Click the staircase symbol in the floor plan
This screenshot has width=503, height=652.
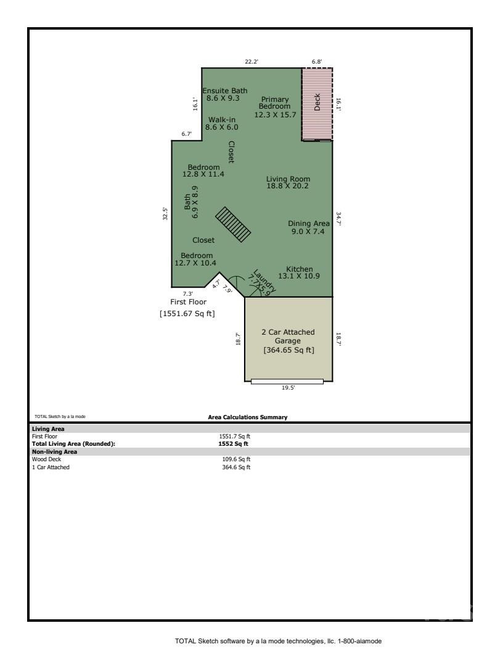coord(233,224)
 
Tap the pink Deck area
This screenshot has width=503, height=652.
coord(317,104)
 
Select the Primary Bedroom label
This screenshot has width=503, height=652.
coord(275,107)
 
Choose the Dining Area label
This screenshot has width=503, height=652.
coord(308,227)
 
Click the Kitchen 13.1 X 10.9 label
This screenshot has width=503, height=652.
coord(299,273)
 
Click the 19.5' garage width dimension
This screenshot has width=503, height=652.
coord(287,388)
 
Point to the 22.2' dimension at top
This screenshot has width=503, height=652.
coord(251,62)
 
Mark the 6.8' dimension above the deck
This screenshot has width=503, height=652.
coord(317,62)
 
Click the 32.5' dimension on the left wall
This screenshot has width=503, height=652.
coord(165,213)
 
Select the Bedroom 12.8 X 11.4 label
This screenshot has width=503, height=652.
coord(203,171)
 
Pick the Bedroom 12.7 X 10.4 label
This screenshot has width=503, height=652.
coord(197,259)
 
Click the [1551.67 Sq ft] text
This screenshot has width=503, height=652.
coord(187,314)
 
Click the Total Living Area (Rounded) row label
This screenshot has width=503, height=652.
coord(73,443)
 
